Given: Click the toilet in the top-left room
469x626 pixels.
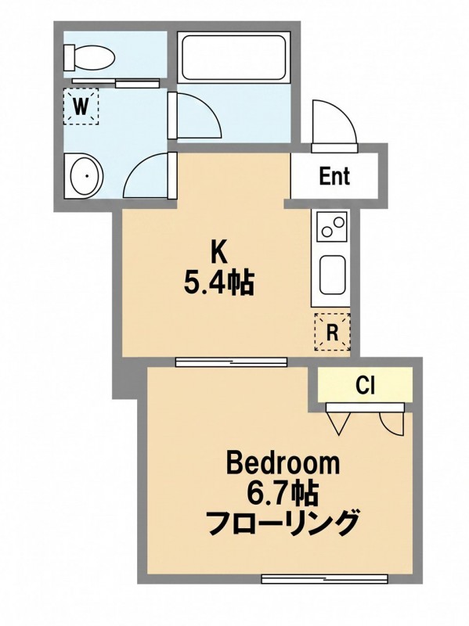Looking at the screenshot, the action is [x=89, y=58].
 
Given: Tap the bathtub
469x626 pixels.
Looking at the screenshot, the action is [x=233, y=59].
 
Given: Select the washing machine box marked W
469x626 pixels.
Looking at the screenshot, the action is [x=81, y=106].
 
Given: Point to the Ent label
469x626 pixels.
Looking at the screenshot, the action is [x=334, y=176].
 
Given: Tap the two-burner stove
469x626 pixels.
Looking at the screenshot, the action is [x=332, y=226].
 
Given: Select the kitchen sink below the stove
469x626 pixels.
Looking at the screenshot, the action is [x=332, y=275].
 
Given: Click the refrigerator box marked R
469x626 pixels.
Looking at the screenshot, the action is [x=333, y=332].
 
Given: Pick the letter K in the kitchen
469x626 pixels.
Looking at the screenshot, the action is [x=219, y=252].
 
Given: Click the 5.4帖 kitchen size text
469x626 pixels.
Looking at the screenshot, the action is [x=218, y=282].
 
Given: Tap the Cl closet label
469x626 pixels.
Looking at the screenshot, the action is [x=365, y=385].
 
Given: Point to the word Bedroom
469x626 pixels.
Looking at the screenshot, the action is [x=283, y=464].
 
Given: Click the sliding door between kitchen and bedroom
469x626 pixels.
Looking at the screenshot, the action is [x=231, y=362].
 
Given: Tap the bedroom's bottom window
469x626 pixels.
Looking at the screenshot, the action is [x=324, y=578].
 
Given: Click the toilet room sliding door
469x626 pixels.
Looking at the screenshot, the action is [x=116, y=82].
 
